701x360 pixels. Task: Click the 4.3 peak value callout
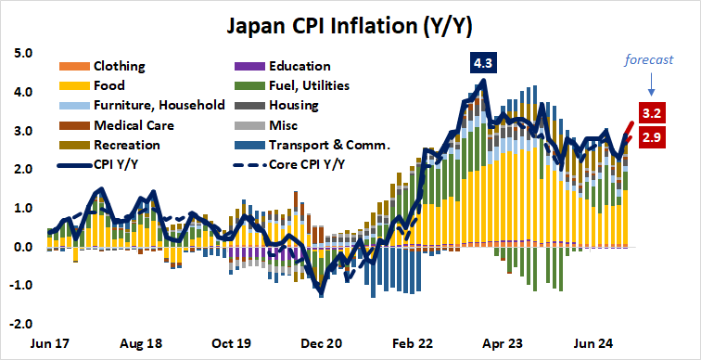pyautogui.click(x=483, y=63)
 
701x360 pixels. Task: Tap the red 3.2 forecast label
pyautogui.click(x=651, y=114)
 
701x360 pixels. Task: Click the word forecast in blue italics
pyautogui.click(x=647, y=59)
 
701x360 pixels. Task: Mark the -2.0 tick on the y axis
pyautogui.click(x=21, y=325)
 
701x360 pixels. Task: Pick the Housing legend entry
pyautogui.click(x=293, y=106)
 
